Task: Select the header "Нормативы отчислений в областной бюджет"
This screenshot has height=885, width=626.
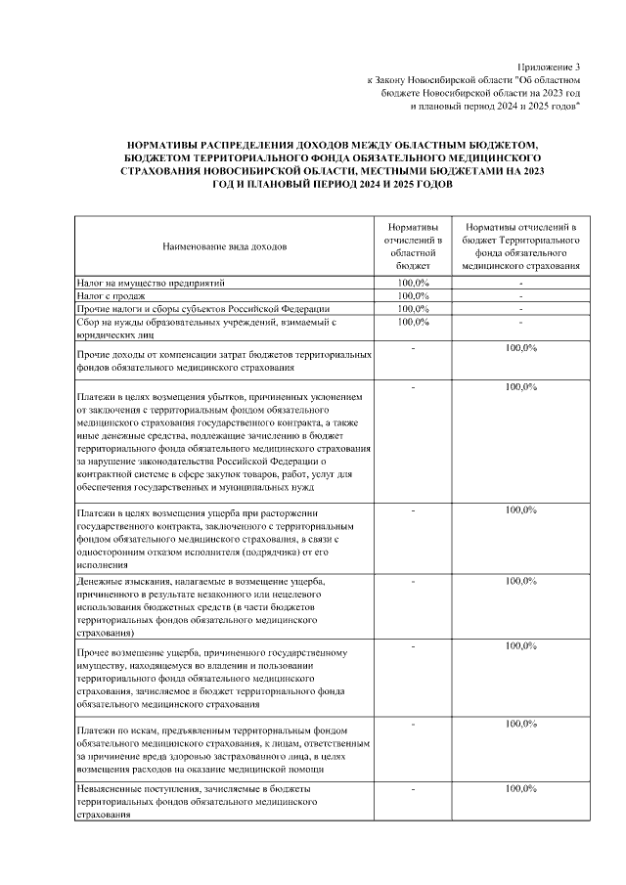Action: [x=413, y=244]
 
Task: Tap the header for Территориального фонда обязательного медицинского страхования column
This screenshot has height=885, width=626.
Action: [x=520, y=244]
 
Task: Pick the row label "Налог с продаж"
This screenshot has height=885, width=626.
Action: [x=111, y=295]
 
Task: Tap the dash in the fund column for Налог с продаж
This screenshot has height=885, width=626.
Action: [x=521, y=295]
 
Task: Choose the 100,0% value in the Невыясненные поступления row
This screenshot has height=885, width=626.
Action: [x=520, y=787]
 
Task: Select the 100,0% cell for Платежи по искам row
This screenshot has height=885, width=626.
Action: [x=520, y=724]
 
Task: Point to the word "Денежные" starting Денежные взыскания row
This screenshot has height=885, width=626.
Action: [x=96, y=582]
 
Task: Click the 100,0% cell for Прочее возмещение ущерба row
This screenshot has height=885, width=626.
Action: [x=520, y=645]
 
